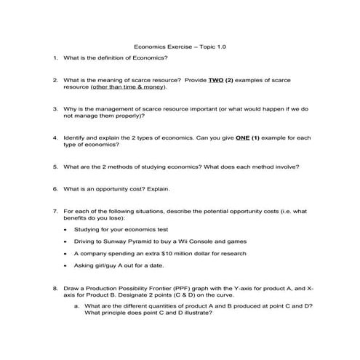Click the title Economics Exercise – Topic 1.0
[x=180, y=45]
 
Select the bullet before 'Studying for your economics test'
[x=66, y=230]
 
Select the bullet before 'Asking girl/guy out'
[x=66, y=265]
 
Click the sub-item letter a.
[x=76, y=306]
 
